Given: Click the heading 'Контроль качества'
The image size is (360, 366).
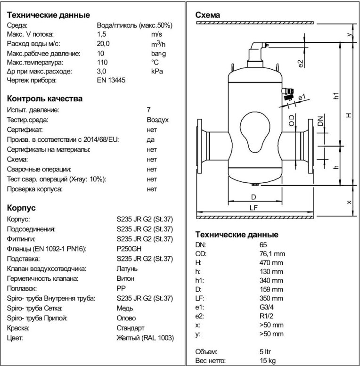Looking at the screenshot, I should point(45,98).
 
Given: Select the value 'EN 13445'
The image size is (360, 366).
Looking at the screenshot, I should point(111,81).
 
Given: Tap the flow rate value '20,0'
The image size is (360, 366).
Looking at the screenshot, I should point(104,43).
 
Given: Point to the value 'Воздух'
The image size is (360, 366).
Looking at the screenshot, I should point(157,120).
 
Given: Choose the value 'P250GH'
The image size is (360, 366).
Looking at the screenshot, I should point(128,249).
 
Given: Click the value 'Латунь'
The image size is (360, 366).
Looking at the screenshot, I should point(127,268).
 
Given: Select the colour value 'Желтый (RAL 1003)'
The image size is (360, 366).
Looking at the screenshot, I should point(145,338).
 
